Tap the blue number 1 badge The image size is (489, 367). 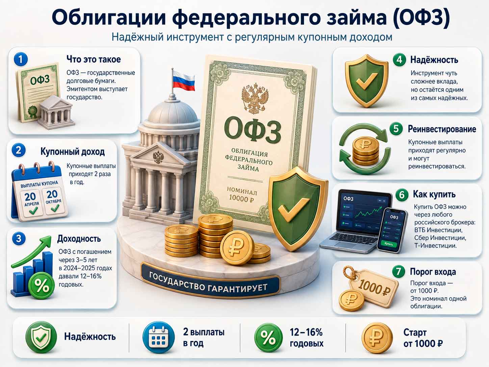(x=21, y=59)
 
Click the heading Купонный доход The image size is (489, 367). (x=73, y=152)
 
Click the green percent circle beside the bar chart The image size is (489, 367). (x=42, y=286)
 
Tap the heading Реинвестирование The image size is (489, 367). (x=442, y=129)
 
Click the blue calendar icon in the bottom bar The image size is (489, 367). (x=159, y=337)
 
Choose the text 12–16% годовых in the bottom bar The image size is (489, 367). (x=306, y=338)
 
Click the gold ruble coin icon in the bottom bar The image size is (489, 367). (x=377, y=338)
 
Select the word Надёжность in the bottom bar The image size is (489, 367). (x=90, y=337)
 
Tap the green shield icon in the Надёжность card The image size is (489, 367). (x=366, y=81)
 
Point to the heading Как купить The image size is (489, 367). (x=434, y=194)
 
